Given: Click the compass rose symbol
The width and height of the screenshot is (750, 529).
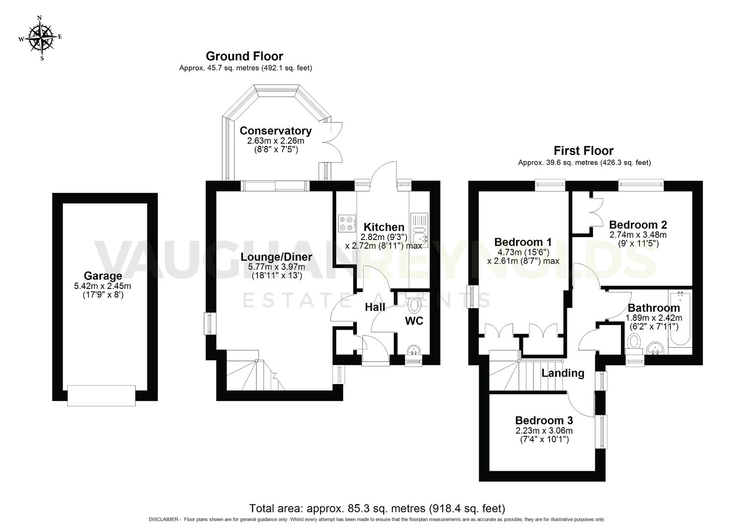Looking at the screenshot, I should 41,37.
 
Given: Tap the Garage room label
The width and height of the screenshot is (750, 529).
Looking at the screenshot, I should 102,276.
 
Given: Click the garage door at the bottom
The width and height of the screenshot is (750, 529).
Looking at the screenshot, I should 101,395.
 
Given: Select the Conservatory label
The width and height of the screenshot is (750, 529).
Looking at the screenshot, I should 275,131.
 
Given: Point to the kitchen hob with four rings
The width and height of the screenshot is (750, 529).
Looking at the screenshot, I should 346,223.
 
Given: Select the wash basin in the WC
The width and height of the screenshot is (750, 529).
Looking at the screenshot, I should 414,351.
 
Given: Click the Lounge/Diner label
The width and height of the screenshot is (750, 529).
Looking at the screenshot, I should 276,257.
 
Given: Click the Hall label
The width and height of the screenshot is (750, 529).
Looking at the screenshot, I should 375,307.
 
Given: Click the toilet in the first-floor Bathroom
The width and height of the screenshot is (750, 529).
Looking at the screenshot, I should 634,341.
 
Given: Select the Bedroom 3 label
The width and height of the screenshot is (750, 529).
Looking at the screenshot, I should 543,420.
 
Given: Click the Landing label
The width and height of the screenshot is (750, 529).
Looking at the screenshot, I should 562,373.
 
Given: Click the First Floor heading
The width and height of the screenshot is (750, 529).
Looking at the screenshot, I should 583,150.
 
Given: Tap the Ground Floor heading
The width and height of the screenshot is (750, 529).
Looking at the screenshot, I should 244,56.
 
